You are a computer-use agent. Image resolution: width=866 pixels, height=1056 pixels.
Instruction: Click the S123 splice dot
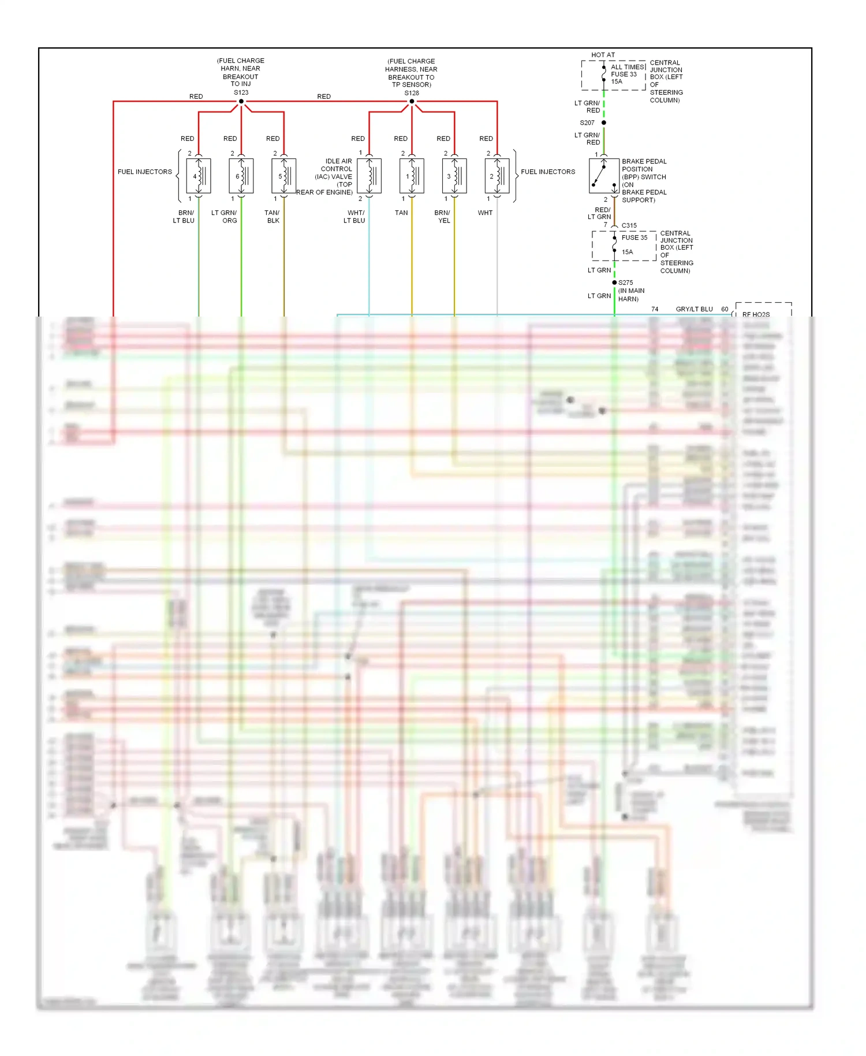241,102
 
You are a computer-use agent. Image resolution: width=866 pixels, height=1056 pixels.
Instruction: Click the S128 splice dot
412,102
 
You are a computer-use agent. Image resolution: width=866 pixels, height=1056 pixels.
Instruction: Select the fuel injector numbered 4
199,176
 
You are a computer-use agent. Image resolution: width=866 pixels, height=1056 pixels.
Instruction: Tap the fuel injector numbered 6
241,176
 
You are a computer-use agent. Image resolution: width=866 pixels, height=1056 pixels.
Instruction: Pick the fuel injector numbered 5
284,176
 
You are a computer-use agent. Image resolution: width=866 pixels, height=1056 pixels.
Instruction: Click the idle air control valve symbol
369,176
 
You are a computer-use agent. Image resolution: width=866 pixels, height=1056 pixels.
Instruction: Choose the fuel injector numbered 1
412,176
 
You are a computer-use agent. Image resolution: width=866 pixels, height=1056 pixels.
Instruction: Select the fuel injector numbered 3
454,176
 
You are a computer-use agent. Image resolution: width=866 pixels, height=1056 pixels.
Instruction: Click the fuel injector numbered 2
497,176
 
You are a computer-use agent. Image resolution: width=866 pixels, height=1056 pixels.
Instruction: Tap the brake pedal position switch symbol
603,176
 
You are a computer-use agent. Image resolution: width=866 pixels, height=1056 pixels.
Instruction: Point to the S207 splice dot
604,122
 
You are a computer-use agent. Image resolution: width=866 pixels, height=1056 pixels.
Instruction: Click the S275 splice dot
614,282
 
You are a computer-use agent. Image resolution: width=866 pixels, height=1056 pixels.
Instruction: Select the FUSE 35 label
634,237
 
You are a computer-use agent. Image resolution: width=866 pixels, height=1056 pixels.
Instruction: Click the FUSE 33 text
624,74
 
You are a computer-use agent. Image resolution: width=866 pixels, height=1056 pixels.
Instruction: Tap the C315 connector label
629,225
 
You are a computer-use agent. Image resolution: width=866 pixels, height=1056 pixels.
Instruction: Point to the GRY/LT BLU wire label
694,309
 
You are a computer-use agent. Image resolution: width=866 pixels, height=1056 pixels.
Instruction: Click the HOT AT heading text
603,55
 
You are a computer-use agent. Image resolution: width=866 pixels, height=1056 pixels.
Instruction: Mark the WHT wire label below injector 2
485,213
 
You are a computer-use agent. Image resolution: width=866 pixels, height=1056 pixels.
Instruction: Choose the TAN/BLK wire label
273,217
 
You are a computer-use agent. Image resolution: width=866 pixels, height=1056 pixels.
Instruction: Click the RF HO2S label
756,314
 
